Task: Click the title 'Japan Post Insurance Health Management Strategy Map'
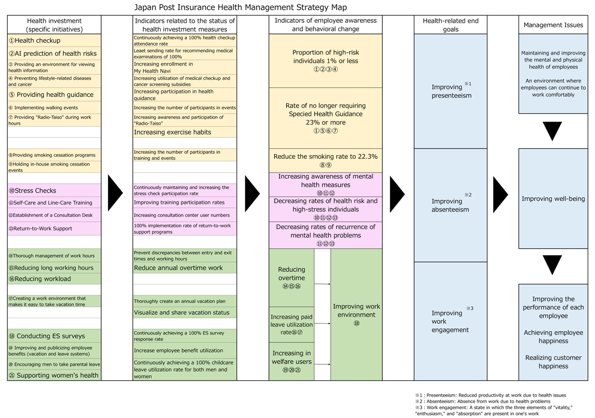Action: tap(240, 7)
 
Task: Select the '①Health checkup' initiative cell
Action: tap(54, 40)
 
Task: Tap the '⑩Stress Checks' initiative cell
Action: tap(54, 191)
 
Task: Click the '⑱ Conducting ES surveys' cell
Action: tap(54, 336)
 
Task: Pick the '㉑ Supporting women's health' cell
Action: tap(54, 375)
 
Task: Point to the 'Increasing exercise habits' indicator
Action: tap(184, 132)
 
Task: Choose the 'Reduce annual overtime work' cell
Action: tap(184, 268)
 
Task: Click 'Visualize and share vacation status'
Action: tap(184, 313)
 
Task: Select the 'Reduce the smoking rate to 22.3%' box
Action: tap(325, 160)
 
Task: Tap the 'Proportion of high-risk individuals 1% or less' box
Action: tap(325, 61)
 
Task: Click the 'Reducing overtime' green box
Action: tap(292, 278)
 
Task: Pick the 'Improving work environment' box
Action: tap(356, 314)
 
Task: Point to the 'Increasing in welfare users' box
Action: tap(292, 361)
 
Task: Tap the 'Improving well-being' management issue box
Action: tap(553, 199)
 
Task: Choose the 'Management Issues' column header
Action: tap(553, 25)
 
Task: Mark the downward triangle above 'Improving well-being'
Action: tap(553, 131)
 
